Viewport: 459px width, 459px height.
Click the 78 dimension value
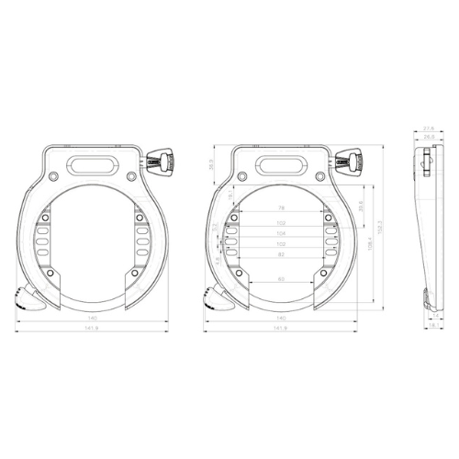tap(280, 208)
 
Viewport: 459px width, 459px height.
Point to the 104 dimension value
tap(280, 233)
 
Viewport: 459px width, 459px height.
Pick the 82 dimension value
tap(280, 254)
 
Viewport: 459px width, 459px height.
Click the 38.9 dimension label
tap(210, 165)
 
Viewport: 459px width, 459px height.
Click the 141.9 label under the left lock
tap(92, 328)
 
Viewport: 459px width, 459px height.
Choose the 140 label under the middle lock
tap(280, 318)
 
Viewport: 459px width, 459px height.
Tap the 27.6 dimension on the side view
tap(428, 129)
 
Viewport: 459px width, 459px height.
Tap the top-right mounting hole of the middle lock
tap(318, 176)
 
